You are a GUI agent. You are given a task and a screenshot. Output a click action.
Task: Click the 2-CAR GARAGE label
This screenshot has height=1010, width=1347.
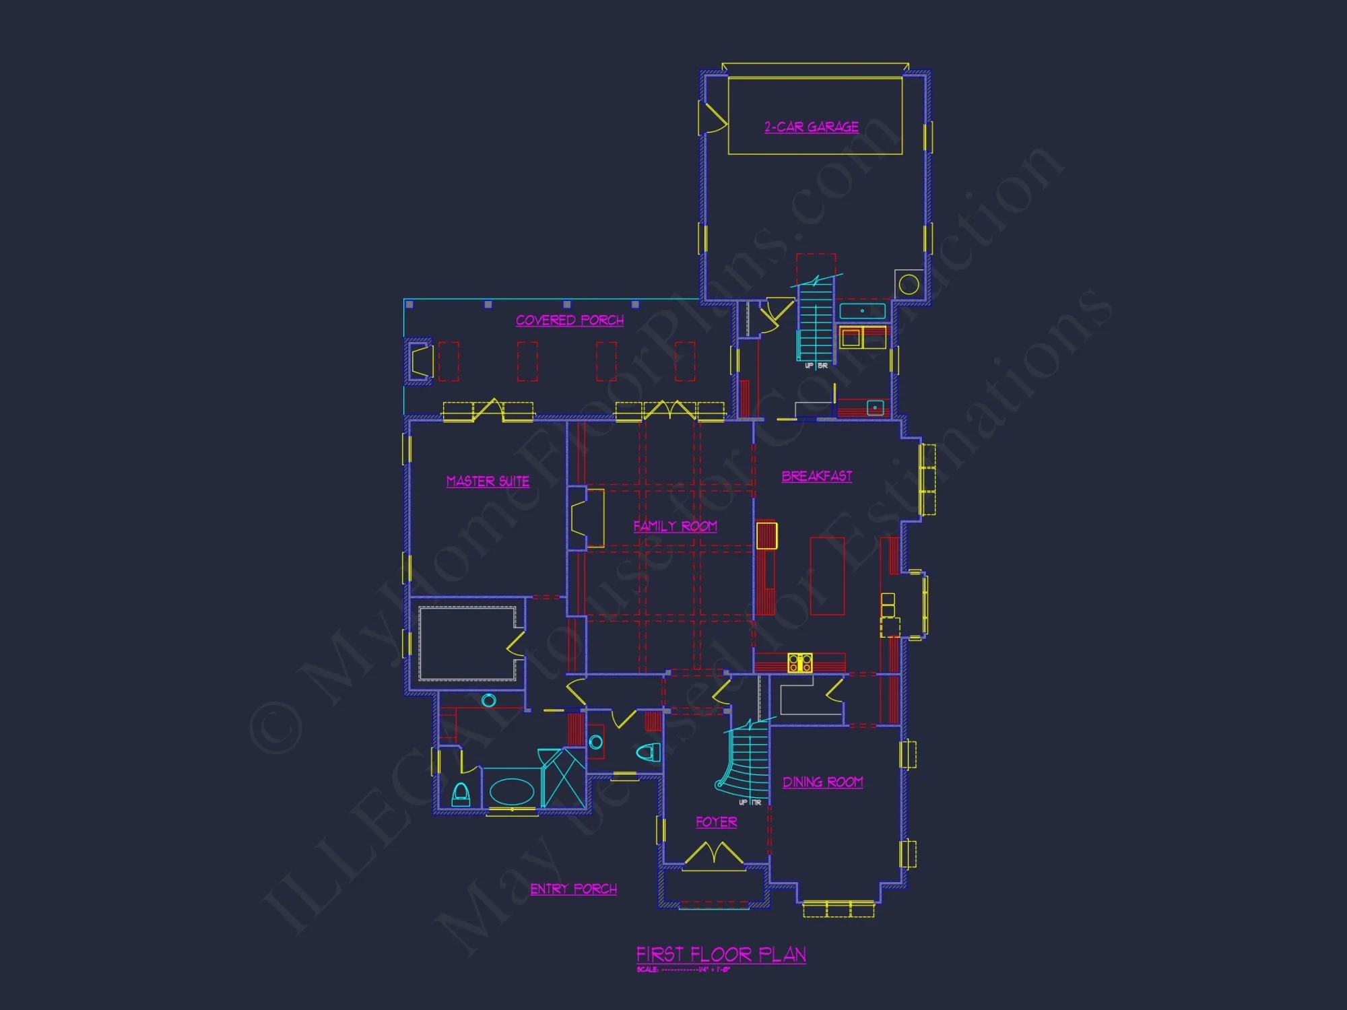coord(811,127)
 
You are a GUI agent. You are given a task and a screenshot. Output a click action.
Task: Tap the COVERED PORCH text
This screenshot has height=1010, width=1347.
coord(570,321)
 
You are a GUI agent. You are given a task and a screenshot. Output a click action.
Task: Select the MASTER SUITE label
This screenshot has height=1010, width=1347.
coord(488,481)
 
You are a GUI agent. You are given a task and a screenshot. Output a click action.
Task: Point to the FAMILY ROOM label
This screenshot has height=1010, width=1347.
coord(675,526)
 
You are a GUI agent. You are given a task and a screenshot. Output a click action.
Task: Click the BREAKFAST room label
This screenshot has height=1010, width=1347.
coord(816,476)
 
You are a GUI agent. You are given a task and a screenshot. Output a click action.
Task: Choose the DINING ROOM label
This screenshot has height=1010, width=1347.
coord(822,782)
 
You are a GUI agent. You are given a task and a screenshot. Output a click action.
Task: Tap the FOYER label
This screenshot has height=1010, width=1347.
coord(716,822)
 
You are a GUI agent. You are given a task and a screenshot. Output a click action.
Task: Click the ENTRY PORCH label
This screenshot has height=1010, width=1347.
coord(573,889)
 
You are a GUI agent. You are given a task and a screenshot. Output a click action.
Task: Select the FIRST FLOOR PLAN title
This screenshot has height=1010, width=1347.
coord(721,954)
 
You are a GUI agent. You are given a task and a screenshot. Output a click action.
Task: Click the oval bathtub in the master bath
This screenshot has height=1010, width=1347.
coord(512,792)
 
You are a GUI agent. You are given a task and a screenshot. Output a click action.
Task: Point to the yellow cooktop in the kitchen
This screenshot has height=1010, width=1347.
coord(800,663)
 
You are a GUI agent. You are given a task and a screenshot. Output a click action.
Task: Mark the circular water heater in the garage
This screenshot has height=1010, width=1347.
coord(909,284)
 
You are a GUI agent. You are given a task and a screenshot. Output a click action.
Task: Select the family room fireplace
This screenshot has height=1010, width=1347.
coord(586,518)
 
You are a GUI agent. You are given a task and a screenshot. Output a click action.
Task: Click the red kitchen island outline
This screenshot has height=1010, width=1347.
coord(827,576)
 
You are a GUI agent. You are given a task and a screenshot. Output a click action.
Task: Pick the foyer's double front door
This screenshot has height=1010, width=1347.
coord(714,856)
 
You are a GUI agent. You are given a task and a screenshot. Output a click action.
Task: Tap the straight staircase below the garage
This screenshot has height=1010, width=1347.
coord(815,323)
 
